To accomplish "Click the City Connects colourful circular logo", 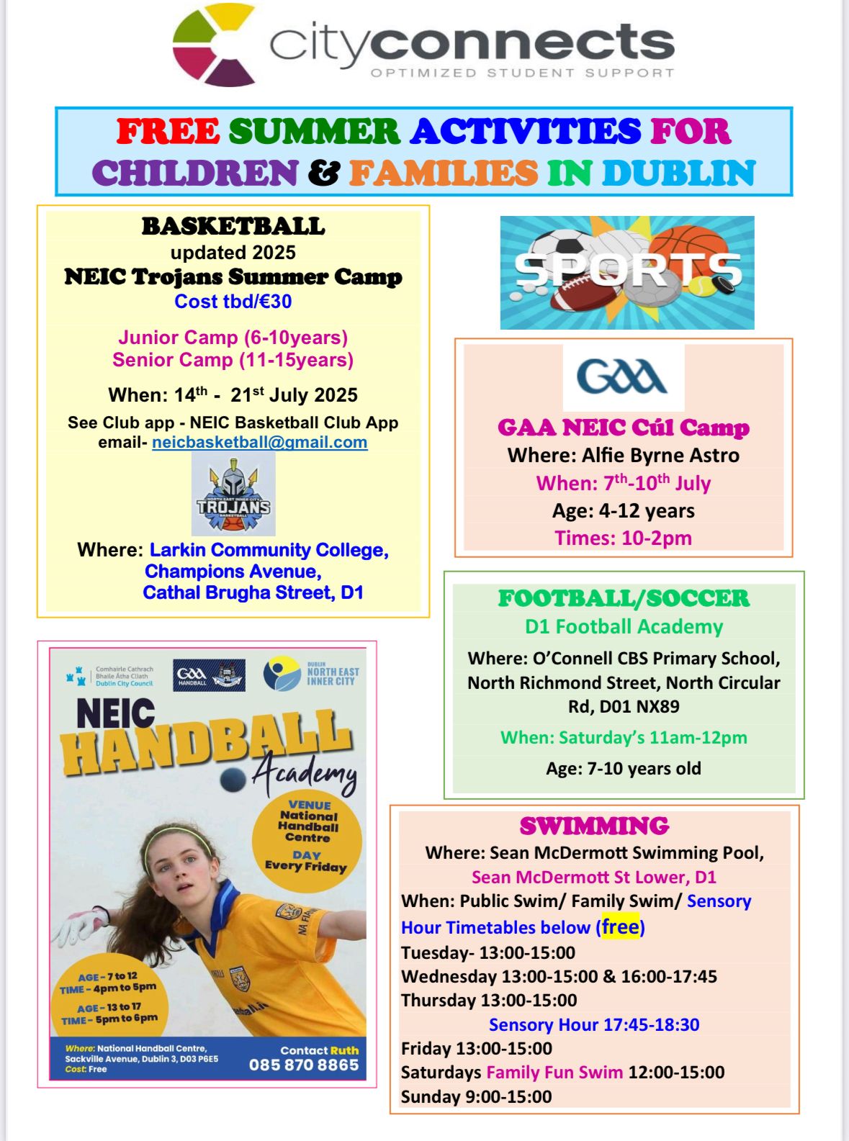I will click(214, 45).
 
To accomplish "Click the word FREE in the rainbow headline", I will click(168, 132).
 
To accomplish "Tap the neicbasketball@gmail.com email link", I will click(259, 442).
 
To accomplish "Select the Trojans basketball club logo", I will click(233, 495).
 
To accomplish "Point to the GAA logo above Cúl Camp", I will click(623, 377).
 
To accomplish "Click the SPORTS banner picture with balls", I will click(626, 272).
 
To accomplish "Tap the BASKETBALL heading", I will click(233, 226).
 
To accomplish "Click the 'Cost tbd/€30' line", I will click(233, 301).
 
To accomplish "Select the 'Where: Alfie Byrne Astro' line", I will click(623, 455).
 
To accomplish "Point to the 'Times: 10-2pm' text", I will click(623, 538).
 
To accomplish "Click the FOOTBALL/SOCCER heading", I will click(624, 598).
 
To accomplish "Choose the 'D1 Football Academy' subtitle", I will click(624, 626).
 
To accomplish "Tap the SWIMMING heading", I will click(594, 826).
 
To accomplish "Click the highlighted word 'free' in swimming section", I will click(621, 926).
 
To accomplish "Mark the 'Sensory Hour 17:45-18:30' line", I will click(594, 1024).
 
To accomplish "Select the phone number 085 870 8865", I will click(303, 1065).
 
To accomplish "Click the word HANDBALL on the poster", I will click(205, 741).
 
